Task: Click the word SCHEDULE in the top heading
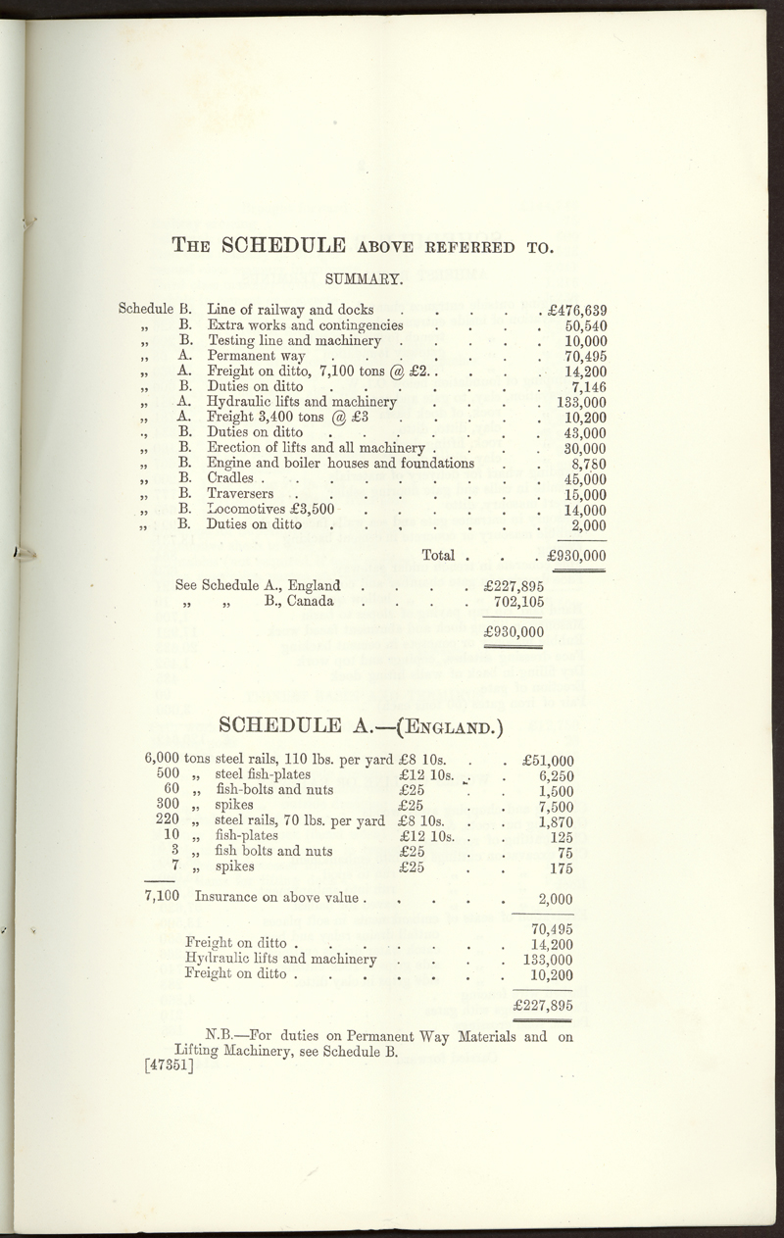pyautogui.click(x=284, y=245)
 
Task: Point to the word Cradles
pyautogui.click(x=227, y=478)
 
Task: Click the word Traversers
pyautogui.click(x=240, y=494)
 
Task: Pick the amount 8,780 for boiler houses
pyautogui.click(x=589, y=464)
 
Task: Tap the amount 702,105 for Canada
pyautogui.click(x=518, y=602)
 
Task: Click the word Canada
pyautogui.click(x=310, y=601)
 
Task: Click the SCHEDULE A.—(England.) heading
pyautogui.click(x=363, y=726)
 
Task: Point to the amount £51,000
pyautogui.click(x=548, y=760)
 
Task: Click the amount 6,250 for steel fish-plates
pyautogui.click(x=556, y=774)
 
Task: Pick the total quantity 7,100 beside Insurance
pyautogui.click(x=161, y=896)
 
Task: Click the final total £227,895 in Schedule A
pyautogui.click(x=542, y=1006)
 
